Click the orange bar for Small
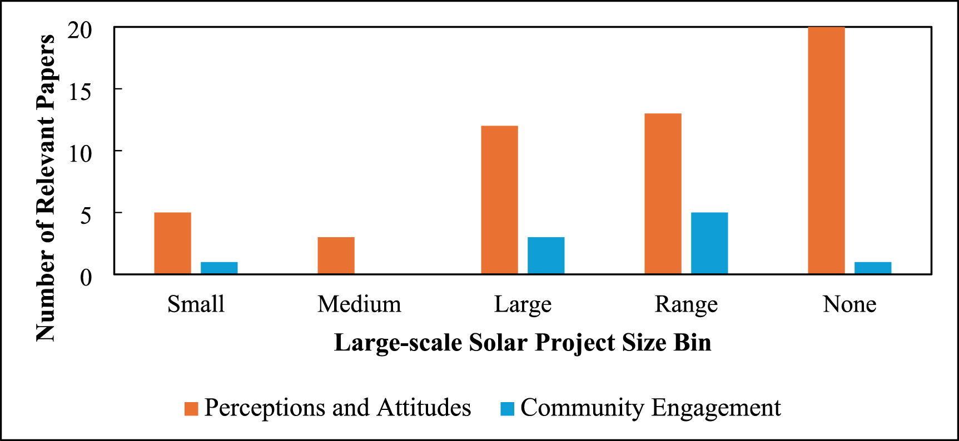coord(172,243)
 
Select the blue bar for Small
coord(219,268)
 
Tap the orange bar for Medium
coord(336,255)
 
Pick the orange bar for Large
coord(499,200)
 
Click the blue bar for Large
coord(546,255)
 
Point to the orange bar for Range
coord(663,194)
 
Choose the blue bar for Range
coord(709,243)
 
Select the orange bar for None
coord(826,150)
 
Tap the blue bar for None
coord(873,268)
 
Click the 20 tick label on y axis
coord(80,31)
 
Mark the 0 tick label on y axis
coord(86,277)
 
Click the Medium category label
coord(359,304)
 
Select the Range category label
coord(686,305)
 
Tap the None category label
coord(849,304)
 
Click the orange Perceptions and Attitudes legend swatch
coord(191,409)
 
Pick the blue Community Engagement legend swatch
coord(507,409)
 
